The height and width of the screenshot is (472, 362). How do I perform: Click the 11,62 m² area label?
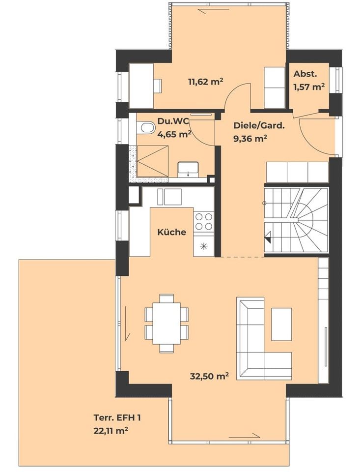[x=205, y=82]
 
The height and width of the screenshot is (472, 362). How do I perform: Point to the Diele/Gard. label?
[x=258, y=125]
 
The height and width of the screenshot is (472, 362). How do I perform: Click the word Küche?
[x=171, y=232]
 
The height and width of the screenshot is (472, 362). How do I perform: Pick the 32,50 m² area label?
[x=209, y=377]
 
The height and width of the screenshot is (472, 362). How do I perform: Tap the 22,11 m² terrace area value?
[x=111, y=431]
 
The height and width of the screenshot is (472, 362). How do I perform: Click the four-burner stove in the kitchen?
[x=204, y=221]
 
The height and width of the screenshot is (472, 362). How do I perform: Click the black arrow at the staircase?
[x=268, y=239]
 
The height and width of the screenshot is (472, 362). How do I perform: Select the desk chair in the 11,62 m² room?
[x=157, y=86]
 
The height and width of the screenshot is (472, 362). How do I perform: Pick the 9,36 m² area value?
[x=250, y=139]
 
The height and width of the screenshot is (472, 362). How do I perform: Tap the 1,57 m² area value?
[x=309, y=87]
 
